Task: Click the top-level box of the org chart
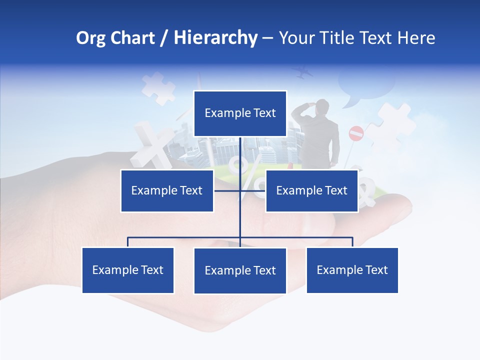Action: point(240,113)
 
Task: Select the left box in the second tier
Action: point(167,190)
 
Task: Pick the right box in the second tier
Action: point(311,190)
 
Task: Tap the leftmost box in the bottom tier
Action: point(128,270)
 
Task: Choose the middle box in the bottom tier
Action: point(240,270)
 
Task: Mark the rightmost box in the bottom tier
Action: point(352,270)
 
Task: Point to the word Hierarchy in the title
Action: point(215,38)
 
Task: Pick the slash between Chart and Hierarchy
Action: point(163,38)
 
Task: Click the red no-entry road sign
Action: point(355,133)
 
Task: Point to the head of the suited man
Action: point(322,106)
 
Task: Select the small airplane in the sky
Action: point(303,73)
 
